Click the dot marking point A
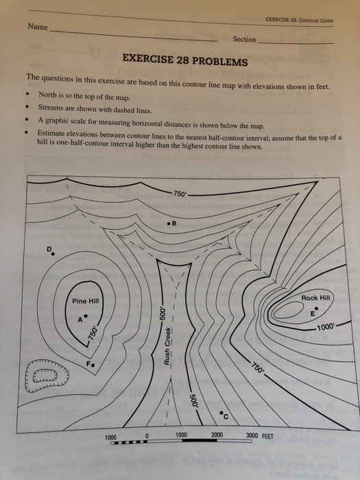tap(86, 316)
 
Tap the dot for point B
tap(169, 224)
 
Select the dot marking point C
tap(221, 413)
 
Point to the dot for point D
tap(53, 254)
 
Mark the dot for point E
tap(316, 308)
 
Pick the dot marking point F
tap(93, 365)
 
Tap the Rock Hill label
tap(315, 298)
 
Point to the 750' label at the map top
tap(180, 193)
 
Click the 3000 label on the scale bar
tap(252, 435)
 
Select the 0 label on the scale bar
tap(147, 435)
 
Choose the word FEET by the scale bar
tap(267, 435)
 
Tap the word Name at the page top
tap(38, 27)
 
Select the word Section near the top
tap(244, 39)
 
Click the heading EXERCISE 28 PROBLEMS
tap(185, 60)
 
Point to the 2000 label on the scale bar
tap(217, 435)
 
